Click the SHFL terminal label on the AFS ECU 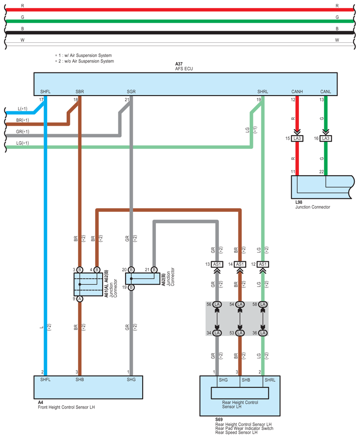45,92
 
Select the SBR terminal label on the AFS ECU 80,92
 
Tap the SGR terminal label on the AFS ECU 131,92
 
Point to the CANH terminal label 297,92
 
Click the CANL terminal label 326,92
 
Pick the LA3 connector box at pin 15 297,139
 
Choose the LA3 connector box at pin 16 326,139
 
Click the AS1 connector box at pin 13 217,264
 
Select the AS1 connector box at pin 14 240,264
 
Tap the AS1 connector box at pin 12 263,264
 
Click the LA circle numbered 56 217,304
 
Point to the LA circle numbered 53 240,333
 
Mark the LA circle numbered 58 263,304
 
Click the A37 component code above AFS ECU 179,64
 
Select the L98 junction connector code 299,202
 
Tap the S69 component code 219,420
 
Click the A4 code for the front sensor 41,402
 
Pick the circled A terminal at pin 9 80,299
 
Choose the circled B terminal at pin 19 131,287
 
